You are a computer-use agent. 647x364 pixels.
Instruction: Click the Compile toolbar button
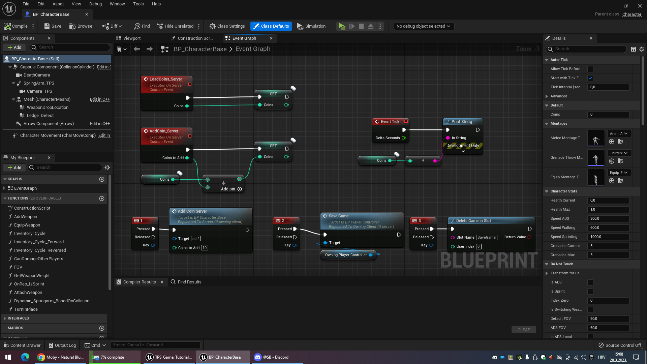click(x=16, y=26)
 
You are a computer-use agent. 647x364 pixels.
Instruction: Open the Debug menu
click(x=95, y=4)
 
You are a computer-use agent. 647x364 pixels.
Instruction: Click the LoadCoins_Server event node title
click(x=165, y=79)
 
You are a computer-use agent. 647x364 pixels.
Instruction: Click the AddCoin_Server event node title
click(x=164, y=131)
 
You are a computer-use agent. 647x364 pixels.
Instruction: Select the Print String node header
click(x=461, y=122)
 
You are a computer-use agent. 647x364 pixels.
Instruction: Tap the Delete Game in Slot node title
click(x=473, y=221)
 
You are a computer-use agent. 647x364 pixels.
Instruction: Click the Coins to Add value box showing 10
click(x=205, y=248)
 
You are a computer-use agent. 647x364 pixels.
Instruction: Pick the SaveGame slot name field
click(x=486, y=237)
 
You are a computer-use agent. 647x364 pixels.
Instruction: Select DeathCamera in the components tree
click(x=37, y=75)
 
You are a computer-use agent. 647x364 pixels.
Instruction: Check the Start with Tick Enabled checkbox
click(x=590, y=78)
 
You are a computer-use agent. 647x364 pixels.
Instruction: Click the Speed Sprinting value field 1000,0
click(x=608, y=237)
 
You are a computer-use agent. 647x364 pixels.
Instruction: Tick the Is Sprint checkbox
click(x=590, y=292)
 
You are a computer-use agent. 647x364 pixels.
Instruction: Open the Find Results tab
click(x=189, y=282)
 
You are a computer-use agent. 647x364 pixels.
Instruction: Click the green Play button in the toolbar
click(x=342, y=26)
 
